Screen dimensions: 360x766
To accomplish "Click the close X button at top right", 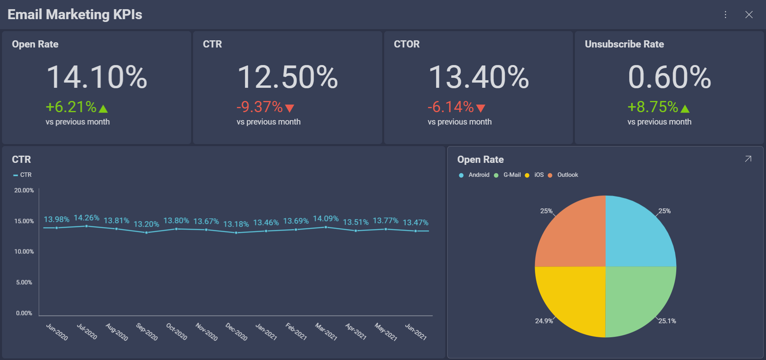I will [749, 15].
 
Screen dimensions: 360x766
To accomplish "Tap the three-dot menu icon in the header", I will [725, 15].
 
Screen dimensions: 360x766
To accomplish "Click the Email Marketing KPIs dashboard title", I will [75, 15].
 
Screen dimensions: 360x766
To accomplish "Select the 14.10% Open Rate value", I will [97, 77].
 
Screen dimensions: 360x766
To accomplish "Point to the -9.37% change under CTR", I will [259, 107].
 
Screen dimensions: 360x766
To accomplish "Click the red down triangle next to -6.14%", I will [481, 108].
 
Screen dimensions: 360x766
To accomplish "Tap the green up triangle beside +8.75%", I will [685, 109].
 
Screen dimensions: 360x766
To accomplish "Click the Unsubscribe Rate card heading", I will [624, 44].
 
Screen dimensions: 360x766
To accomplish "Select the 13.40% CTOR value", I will [478, 77].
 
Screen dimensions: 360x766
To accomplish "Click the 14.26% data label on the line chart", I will [87, 218].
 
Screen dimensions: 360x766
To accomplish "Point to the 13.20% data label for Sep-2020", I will [146, 224].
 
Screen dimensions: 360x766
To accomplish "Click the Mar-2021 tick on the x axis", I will [326, 332].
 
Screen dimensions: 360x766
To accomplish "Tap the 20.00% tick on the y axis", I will [24, 190].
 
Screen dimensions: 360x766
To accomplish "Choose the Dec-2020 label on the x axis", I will [237, 332].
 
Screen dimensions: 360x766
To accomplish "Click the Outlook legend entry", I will [567, 175].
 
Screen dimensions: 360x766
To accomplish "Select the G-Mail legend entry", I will [511, 175].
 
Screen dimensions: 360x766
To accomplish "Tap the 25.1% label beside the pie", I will [667, 321].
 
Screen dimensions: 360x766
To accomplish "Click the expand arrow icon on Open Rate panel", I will [748, 159].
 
